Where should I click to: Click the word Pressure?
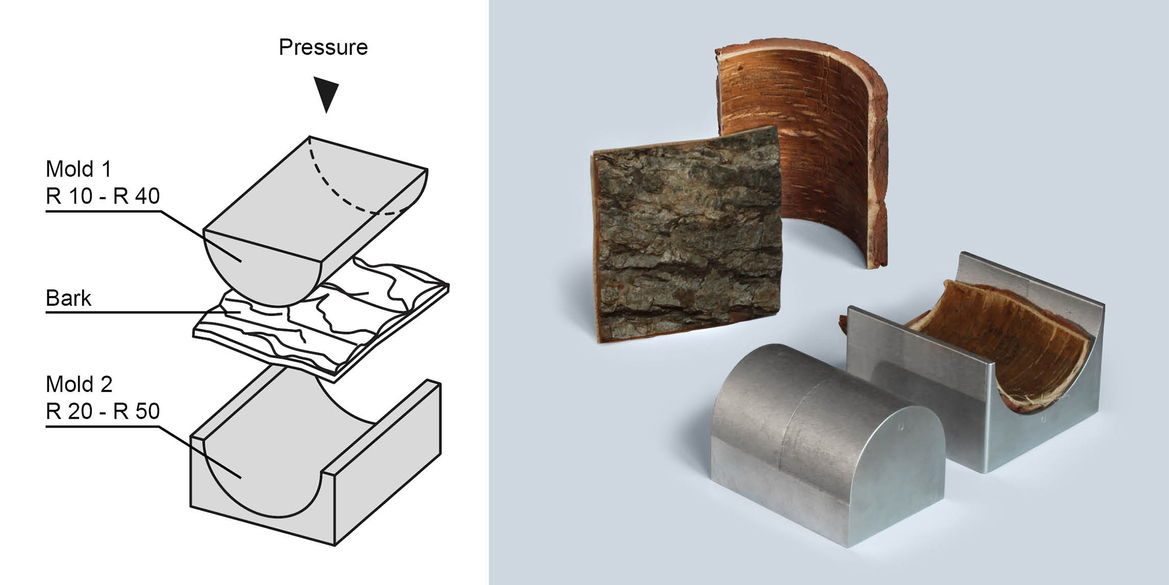(x=323, y=47)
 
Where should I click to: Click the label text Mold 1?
(x=78, y=169)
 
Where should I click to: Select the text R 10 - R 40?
(x=102, y=196)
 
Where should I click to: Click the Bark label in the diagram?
(x=68, y=298)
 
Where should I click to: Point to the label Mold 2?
(x=79, y=384)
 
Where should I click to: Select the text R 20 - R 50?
(x=102, y=411)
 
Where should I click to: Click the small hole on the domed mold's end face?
(x=901, y=427)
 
